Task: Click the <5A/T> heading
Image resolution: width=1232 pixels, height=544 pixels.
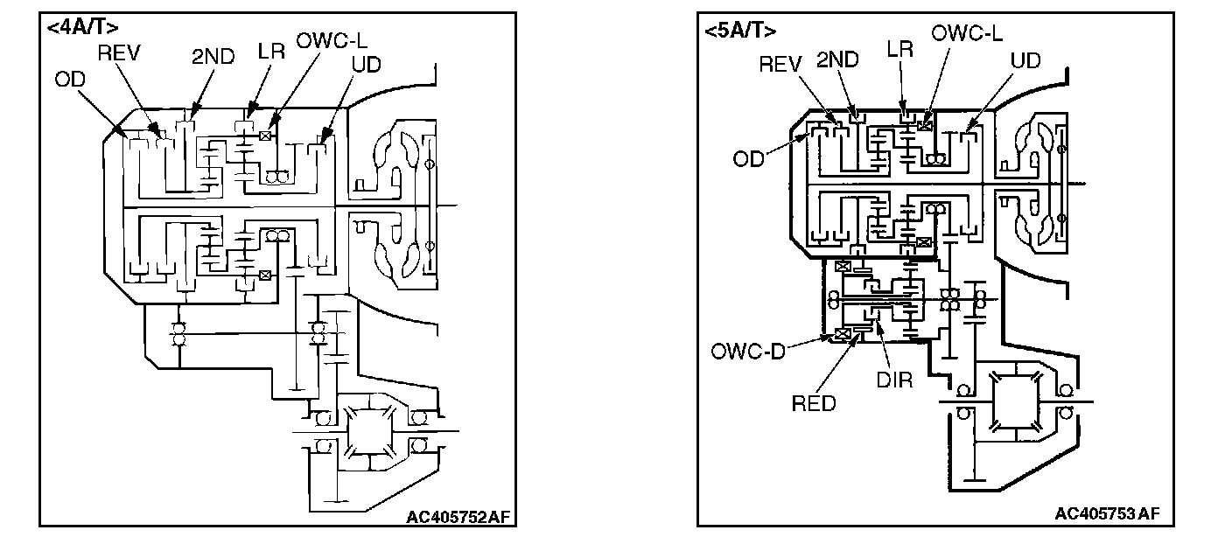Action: coord(739,31)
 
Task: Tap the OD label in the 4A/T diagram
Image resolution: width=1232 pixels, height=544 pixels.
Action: coord(70,80)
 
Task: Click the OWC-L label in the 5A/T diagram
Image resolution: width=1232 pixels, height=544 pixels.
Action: coord(967,34)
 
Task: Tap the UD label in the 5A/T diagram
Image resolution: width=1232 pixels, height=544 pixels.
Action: coord(1025,60)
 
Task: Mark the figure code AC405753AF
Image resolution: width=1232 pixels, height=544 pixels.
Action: coord(1107,513)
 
